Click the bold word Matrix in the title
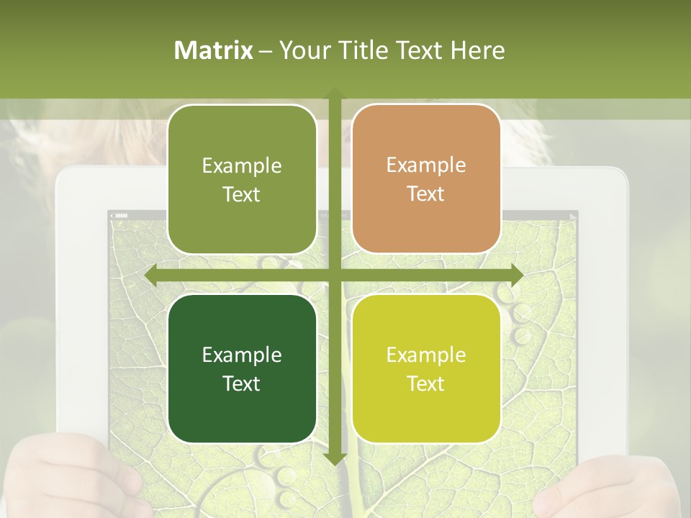214,50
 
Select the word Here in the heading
478,50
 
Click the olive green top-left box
242,179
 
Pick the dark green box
242,368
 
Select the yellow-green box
426,368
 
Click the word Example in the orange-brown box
426,165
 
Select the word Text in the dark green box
242,383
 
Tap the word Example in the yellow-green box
426,355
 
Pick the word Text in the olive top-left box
242,194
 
